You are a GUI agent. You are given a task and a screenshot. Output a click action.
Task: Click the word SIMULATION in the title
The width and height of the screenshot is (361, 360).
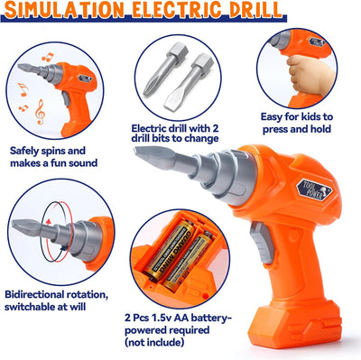pyautogui.click(x=66, y=9)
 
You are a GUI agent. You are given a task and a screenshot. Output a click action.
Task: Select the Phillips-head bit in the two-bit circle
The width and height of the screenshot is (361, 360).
pyautogui.click(x=166, y=69)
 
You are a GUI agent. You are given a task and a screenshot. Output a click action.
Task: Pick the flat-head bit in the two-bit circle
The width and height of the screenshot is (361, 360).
pyautogui.click(x=189, y=82)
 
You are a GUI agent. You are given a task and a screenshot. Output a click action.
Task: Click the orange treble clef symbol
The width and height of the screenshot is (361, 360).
pyautogui.click(x=40, y=112)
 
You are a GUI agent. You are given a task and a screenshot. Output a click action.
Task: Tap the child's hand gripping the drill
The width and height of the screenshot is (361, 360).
pyautogui.click(x=310, y=73)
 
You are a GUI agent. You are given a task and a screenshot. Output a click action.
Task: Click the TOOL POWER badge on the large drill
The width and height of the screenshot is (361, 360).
pyautogui.click(x=314, y=190)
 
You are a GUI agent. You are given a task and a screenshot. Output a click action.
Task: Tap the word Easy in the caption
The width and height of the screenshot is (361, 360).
pyautogui.click(x=272, y=116)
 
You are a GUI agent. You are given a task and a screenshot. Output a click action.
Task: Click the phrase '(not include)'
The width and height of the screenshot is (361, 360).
pyautogui.click(x=154, y=342)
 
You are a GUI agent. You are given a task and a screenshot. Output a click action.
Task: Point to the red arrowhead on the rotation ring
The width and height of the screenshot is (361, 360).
pyautogui.click(x=49, y=222)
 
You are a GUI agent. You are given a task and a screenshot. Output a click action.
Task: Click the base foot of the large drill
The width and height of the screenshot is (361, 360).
pyautogui.click(x=295, y=324)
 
